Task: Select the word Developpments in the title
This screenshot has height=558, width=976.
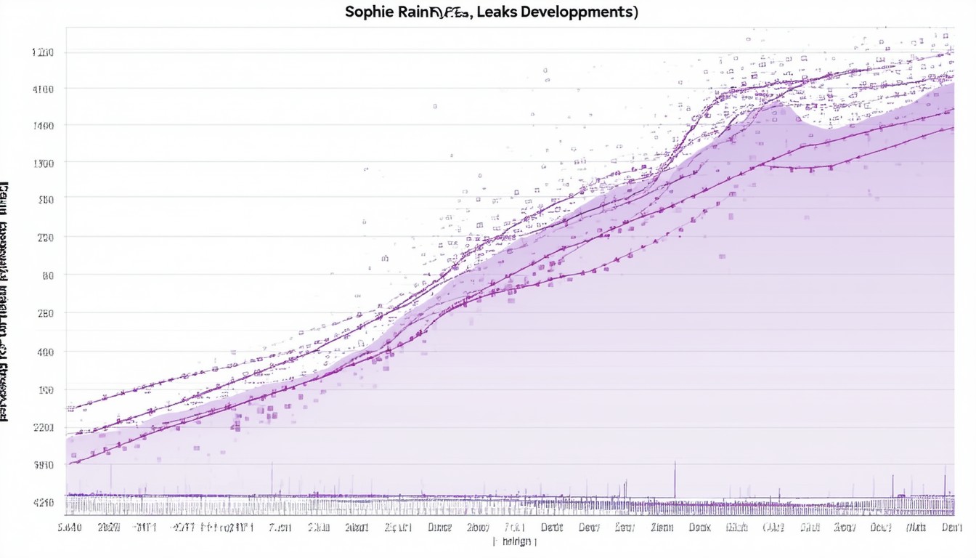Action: [582, 12]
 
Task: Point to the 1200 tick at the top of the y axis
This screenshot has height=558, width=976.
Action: [44, 52]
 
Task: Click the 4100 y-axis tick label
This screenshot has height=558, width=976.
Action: [44, 89]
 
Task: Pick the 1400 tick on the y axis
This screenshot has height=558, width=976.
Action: [44, 126]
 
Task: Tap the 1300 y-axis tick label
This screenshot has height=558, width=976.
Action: [44, 163]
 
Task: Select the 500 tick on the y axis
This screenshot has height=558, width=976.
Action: [45, 198]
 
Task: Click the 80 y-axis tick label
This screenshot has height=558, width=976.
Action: [47, 275]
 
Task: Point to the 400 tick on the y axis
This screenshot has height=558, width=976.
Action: [45, 352]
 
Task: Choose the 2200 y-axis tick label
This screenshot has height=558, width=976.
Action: [44, 428]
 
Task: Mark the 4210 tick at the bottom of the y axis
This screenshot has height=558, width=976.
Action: [44, 502]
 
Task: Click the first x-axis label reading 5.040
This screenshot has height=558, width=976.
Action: [69, 527]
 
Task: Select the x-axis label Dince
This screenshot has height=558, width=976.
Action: [440, 527]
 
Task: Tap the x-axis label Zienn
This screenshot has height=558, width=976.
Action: [663, 527]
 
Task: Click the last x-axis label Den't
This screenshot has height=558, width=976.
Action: [951, 527]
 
